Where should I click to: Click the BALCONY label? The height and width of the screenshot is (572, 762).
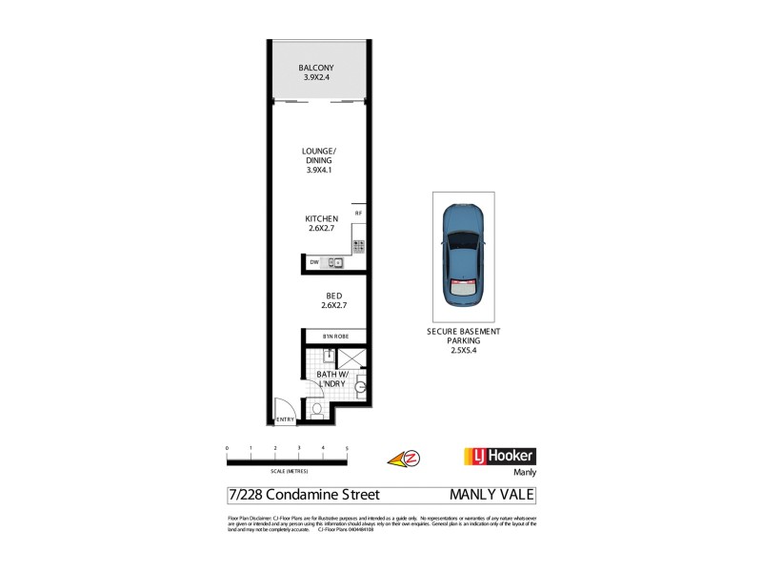pyautogui.click(x=315, y=72)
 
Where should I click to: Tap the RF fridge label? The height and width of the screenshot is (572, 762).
pyautogui.click(x=358, y=214)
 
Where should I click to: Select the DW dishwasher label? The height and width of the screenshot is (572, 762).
pyautogui.click(x=313, y=262)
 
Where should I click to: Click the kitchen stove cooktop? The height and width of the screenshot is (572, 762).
pyautogui.click(x=358, y=245)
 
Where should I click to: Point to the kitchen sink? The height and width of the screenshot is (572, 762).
pyautogui.click(x=335, y=262)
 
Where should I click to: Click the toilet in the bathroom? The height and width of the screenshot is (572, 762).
pyautogui.click(x=316, y=410)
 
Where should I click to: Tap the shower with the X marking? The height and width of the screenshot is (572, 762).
pyautogui.click(x=351, y=358)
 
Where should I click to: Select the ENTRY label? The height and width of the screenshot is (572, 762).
pyautogui.click(x=284, y=419)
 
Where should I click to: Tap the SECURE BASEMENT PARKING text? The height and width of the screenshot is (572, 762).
pyautogui.click(x=464, y=340)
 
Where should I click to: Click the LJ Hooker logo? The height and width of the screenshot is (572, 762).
pyautogui.click(x=499, y=457)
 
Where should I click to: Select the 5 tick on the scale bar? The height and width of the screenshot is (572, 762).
pyautogui.click(x=347, y=448)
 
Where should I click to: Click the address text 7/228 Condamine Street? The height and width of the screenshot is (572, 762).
pyautogui.click(x=304, y=495)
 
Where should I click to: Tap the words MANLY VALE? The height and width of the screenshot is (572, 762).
pyautogui.click(x=491, y=495)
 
